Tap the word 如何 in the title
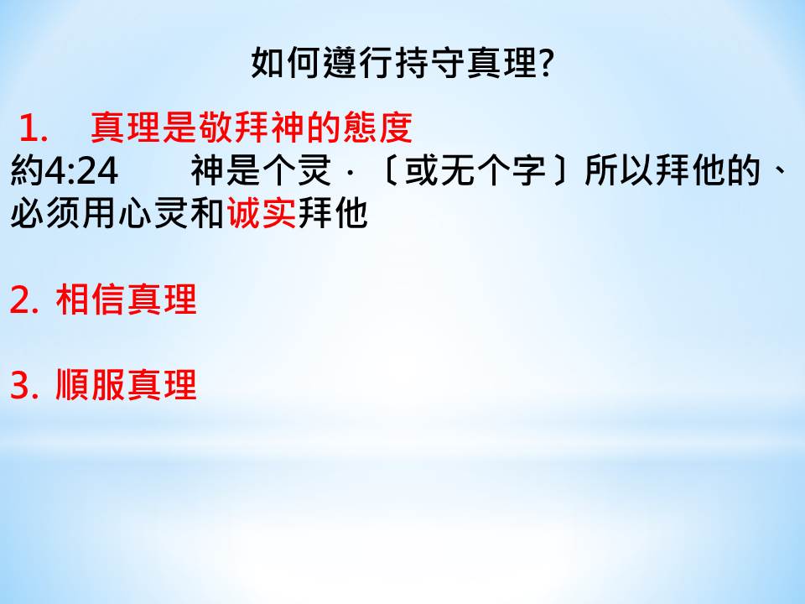click(x=286, y=63)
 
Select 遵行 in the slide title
click(x=358, y=63)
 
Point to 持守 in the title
click(x=429, y=63)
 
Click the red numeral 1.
click(x=31, y=128)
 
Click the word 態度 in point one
click(x=377, y=127)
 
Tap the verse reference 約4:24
click(x=65, y=170)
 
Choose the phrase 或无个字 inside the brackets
click(x=475, y=170)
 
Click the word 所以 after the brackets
click(x=620, y=170)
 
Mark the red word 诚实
click(x=262, y=213)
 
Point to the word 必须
click(x=45, y=213)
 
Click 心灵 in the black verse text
click(x=153, y=213)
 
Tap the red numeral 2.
click(x=21, y=300)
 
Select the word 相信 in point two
click(x=91, y=299)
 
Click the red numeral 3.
click(x=21, y=385)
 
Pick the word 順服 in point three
click(x=91, y=385)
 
